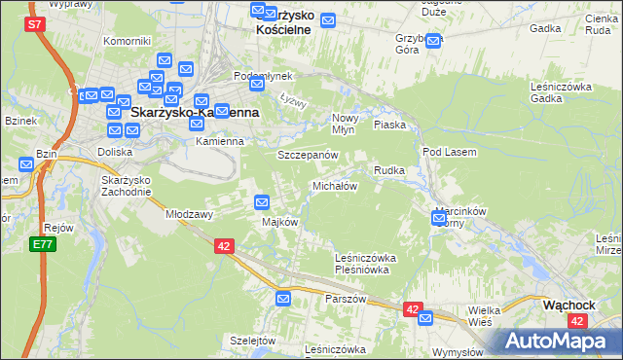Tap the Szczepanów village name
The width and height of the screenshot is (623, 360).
point(307,155)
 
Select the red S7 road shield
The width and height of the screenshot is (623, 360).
point(35,25)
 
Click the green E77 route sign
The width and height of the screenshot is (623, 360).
point(41,244)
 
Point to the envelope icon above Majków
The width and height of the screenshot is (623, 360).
point(262,202)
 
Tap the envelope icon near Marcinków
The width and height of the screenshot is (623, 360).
point(439,219)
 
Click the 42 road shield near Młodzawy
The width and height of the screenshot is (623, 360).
point(224,247)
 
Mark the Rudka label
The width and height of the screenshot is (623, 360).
point(388,170)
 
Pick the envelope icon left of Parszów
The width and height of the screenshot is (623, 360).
point(283,299)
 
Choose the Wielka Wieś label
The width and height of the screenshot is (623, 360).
point(485,314)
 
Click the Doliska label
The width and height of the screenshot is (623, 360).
point(115,152)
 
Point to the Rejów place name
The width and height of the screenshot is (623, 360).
point(59,228)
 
